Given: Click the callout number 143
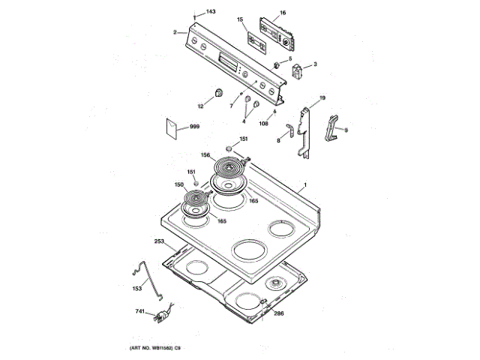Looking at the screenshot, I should click(x=211, y=12).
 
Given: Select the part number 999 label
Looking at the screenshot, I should click(x=195, y=127).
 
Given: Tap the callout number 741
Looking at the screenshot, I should click(x=140, y=310).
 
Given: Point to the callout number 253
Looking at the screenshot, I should click(x=159, y=241).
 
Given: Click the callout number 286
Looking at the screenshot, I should click(x=278, y=313).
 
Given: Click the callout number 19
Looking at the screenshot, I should click(x=322, y=98).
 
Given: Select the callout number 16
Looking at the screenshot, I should click(x=283, y=13).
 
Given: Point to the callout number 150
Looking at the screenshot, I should click(x=179, y=184).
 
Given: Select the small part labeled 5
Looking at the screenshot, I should click(x=278, y=63).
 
